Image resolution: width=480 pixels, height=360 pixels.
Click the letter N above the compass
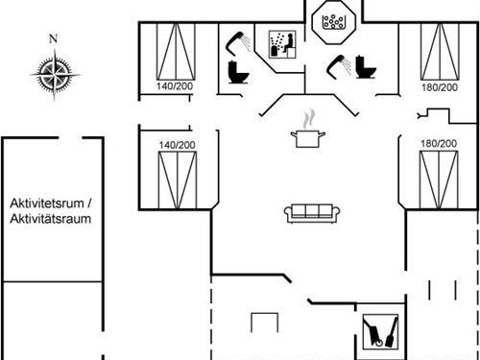[x=54, y=38]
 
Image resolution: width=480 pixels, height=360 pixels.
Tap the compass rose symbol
[x=54, y=69]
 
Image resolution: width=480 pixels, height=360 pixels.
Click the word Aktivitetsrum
[x=48, y=204]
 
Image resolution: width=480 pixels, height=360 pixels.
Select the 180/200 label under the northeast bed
[x=438, y=87]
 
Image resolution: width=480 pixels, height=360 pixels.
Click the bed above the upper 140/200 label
[x=176, y=50]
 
